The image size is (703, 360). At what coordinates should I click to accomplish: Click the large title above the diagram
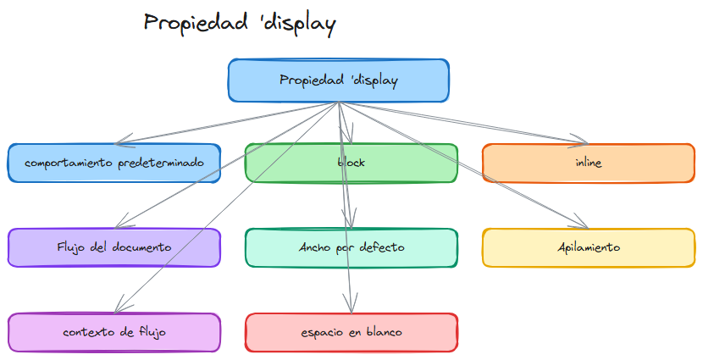coord(240,23)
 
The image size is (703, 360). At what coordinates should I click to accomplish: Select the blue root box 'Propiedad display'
coord(338,80)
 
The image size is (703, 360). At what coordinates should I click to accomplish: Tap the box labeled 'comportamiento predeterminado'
coord(114,163)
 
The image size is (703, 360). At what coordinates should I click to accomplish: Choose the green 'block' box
coord(351,163)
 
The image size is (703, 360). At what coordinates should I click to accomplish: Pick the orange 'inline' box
coord(588,163)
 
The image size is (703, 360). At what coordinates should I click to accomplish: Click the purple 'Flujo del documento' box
coord(114,247)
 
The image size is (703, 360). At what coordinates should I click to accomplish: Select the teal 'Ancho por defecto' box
coord(351,247)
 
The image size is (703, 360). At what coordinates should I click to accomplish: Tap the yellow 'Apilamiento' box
coord(588,247)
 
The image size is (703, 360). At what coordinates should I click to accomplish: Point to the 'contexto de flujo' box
coord(114,332)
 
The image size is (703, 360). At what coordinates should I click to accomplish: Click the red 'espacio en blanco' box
coord(351,332)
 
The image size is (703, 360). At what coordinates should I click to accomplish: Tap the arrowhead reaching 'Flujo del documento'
coord(119,224)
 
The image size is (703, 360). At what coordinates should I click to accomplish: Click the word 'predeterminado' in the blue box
coord(161,163)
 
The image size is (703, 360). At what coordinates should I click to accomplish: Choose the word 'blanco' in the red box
coord(382,332)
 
